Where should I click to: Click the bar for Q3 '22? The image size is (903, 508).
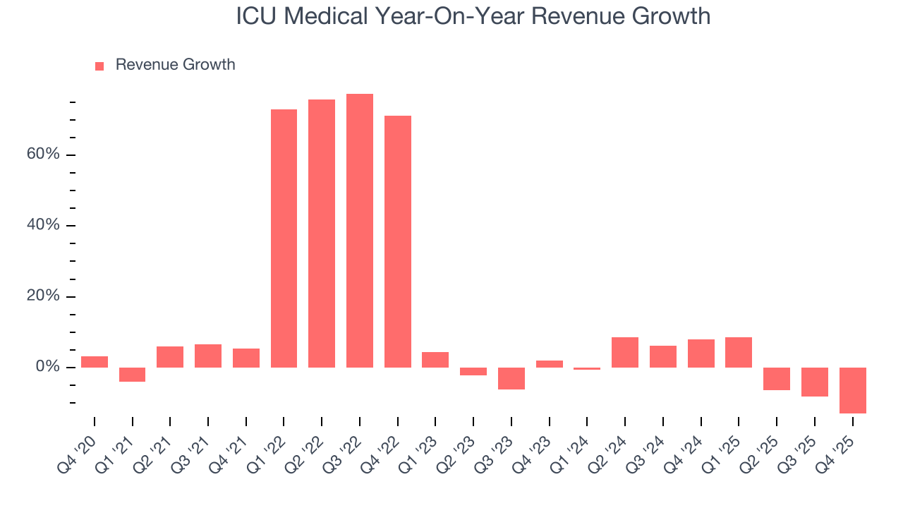(360, 231)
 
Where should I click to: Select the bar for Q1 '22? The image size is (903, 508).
(284, 238)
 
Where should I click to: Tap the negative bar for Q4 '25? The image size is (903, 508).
(853, 390)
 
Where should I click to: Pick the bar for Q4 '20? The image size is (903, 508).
(95, 362)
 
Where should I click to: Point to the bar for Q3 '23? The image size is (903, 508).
(511, 378)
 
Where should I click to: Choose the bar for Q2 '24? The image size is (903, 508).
(625, 352)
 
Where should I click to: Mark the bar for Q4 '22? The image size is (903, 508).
(398, 241)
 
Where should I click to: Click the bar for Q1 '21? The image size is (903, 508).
(133, 375)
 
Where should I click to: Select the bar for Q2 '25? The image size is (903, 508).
(777, 379)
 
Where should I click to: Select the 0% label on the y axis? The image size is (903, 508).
(47, 367)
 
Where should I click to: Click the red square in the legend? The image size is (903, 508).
(99, 66)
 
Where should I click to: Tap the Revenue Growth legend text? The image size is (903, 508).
(175, 65)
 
